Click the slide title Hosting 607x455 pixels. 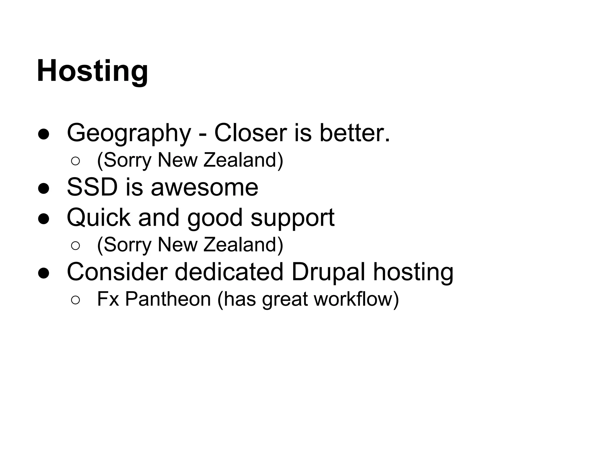(92, 71)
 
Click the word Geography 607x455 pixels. (129, 133)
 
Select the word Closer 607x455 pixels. (250, 133)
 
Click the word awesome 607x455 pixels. (205, 188)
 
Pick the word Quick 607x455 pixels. (99, 218)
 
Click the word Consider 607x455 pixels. (117, 272)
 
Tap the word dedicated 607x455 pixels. (229, 272)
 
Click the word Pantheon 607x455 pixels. (168, 299)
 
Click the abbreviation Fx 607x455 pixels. (108, 299)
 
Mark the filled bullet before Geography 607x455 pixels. (44, 134)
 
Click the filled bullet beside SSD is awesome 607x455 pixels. (44, 188)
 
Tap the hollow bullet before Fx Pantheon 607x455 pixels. (75, 300)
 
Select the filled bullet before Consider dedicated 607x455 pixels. (44, 273)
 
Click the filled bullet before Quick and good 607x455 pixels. (44, 219)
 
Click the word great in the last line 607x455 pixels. (285, 299)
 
